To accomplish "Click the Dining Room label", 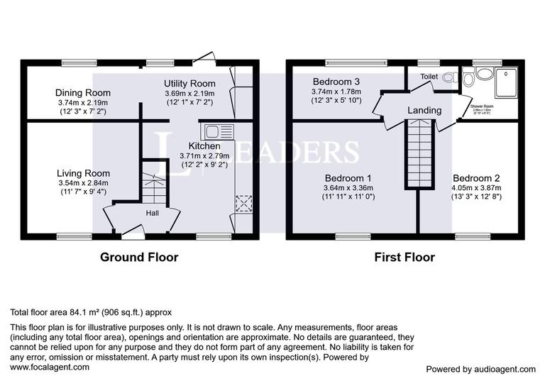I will (83, 93).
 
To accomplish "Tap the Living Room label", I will (83, 173).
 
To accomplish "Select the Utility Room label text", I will (189, 84).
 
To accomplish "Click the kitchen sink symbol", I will (218, 131).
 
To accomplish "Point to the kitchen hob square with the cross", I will (243, 204).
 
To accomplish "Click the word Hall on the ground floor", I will (153, 213).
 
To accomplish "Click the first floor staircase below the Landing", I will (420, 153).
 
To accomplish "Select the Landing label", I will (424, 111).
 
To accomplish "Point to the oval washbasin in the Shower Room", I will (485, 73).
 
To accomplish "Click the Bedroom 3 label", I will (336, 82).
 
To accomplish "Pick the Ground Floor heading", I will (138, 257).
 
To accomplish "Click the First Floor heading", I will (404, 257).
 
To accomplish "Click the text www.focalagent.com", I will (50, 368).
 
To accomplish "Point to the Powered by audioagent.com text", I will (480, 369).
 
